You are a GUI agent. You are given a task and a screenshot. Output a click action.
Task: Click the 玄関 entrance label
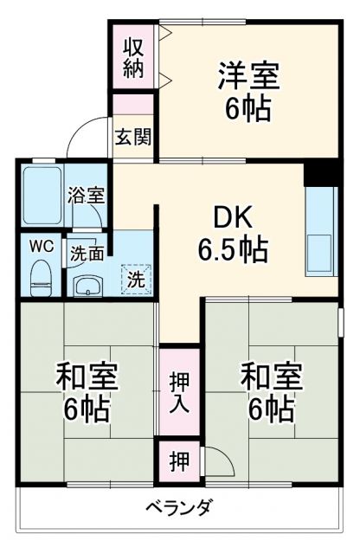(x=132, y=137)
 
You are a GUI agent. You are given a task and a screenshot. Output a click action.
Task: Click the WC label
(x=42, y=246)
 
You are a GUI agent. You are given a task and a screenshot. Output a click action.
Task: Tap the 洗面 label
(x=87, y=254)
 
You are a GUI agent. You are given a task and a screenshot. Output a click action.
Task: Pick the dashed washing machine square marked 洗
(x=136, y=279)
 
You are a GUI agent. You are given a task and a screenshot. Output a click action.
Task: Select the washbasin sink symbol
(x=87, y=283)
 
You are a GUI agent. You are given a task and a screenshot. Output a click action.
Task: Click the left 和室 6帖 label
(x=87, y=392)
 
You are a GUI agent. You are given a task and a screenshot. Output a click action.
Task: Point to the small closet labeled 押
(x=176, y=461)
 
